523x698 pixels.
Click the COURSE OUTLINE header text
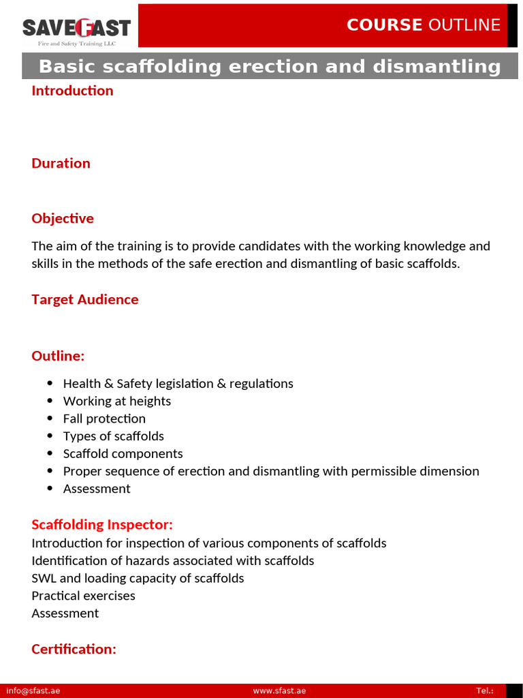(x=423, y=25)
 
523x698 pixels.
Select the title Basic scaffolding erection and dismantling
(x=270, y=67)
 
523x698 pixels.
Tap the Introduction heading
(x=72, y=91)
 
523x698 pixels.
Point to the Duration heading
(x=61, y=163)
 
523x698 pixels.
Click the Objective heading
(x=63, y=218)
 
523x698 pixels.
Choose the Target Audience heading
(x=84, y=299)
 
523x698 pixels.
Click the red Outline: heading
(x=58, y=356)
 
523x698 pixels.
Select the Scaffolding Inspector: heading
(x=102, y=524)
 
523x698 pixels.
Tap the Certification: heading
(x=74, y=649)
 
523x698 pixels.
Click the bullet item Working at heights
(x=117, y=401)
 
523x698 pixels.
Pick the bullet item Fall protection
(x=104, y=419)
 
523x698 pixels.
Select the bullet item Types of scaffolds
(x=114, y=436)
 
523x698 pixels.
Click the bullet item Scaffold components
(x=123, y=453)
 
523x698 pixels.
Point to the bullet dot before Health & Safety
(x=50, y=384)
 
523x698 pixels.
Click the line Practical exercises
(x=83, y=596)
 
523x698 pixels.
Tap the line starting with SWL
(x=138, y=578)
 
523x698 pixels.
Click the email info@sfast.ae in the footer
(x=33, y=691)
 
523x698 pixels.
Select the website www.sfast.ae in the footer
(x=279, y=691)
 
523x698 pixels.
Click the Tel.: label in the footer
(x=485, y=691)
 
